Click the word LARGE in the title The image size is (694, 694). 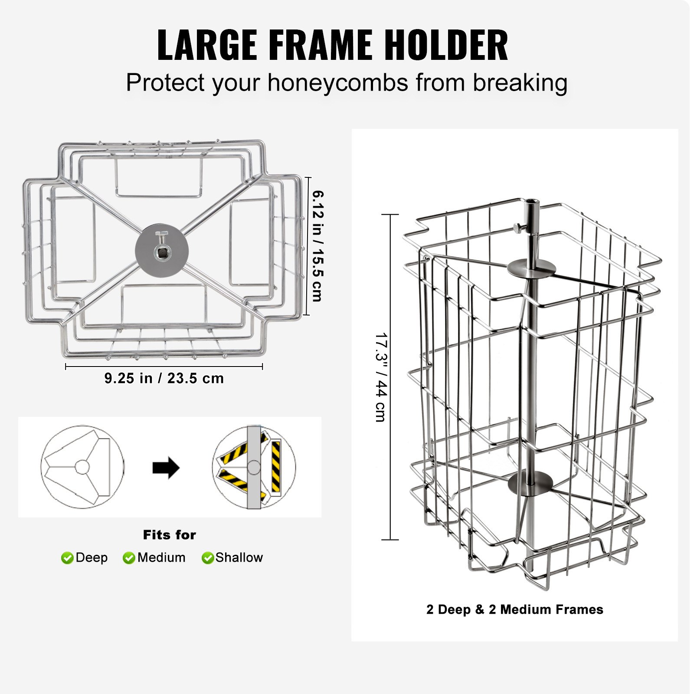[207, 45]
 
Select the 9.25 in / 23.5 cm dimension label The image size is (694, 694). [164, 378]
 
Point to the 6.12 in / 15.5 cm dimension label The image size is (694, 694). [318, 246]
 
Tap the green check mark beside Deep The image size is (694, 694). [67, 558]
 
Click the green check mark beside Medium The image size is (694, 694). [129, 558]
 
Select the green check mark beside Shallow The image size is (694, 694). [208, 558]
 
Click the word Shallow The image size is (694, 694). [239, 557]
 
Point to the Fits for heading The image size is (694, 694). [170, 535]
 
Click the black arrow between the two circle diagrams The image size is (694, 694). [166, 468]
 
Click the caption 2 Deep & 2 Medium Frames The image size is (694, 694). [514, 609]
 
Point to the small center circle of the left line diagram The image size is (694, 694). [82, 467]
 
